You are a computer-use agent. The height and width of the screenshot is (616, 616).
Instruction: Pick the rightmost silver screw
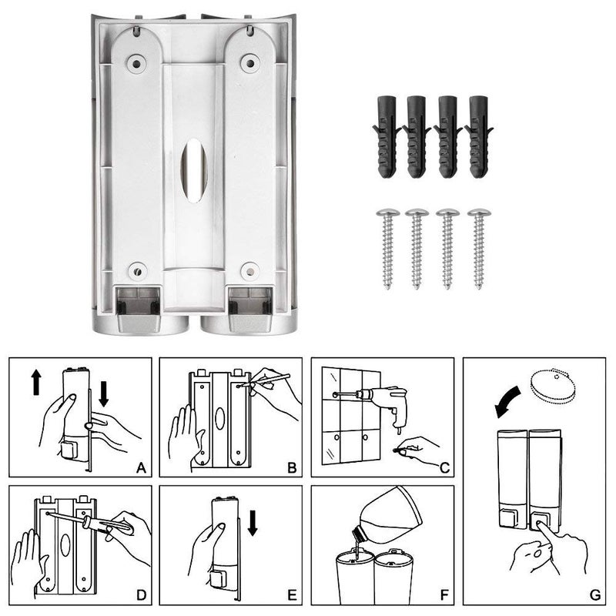tap(478, 246)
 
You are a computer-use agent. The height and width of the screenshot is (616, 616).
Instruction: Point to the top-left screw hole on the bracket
tap(136, 62)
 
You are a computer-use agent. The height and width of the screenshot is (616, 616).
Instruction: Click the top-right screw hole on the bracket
tap(249, 62)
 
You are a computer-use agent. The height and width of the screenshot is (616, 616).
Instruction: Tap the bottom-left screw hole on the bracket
tap(137, 270)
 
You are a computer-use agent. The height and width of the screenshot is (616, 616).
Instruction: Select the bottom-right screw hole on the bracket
tap(248, 270)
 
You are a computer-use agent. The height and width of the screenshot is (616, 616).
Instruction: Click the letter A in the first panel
tap(140, 467)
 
